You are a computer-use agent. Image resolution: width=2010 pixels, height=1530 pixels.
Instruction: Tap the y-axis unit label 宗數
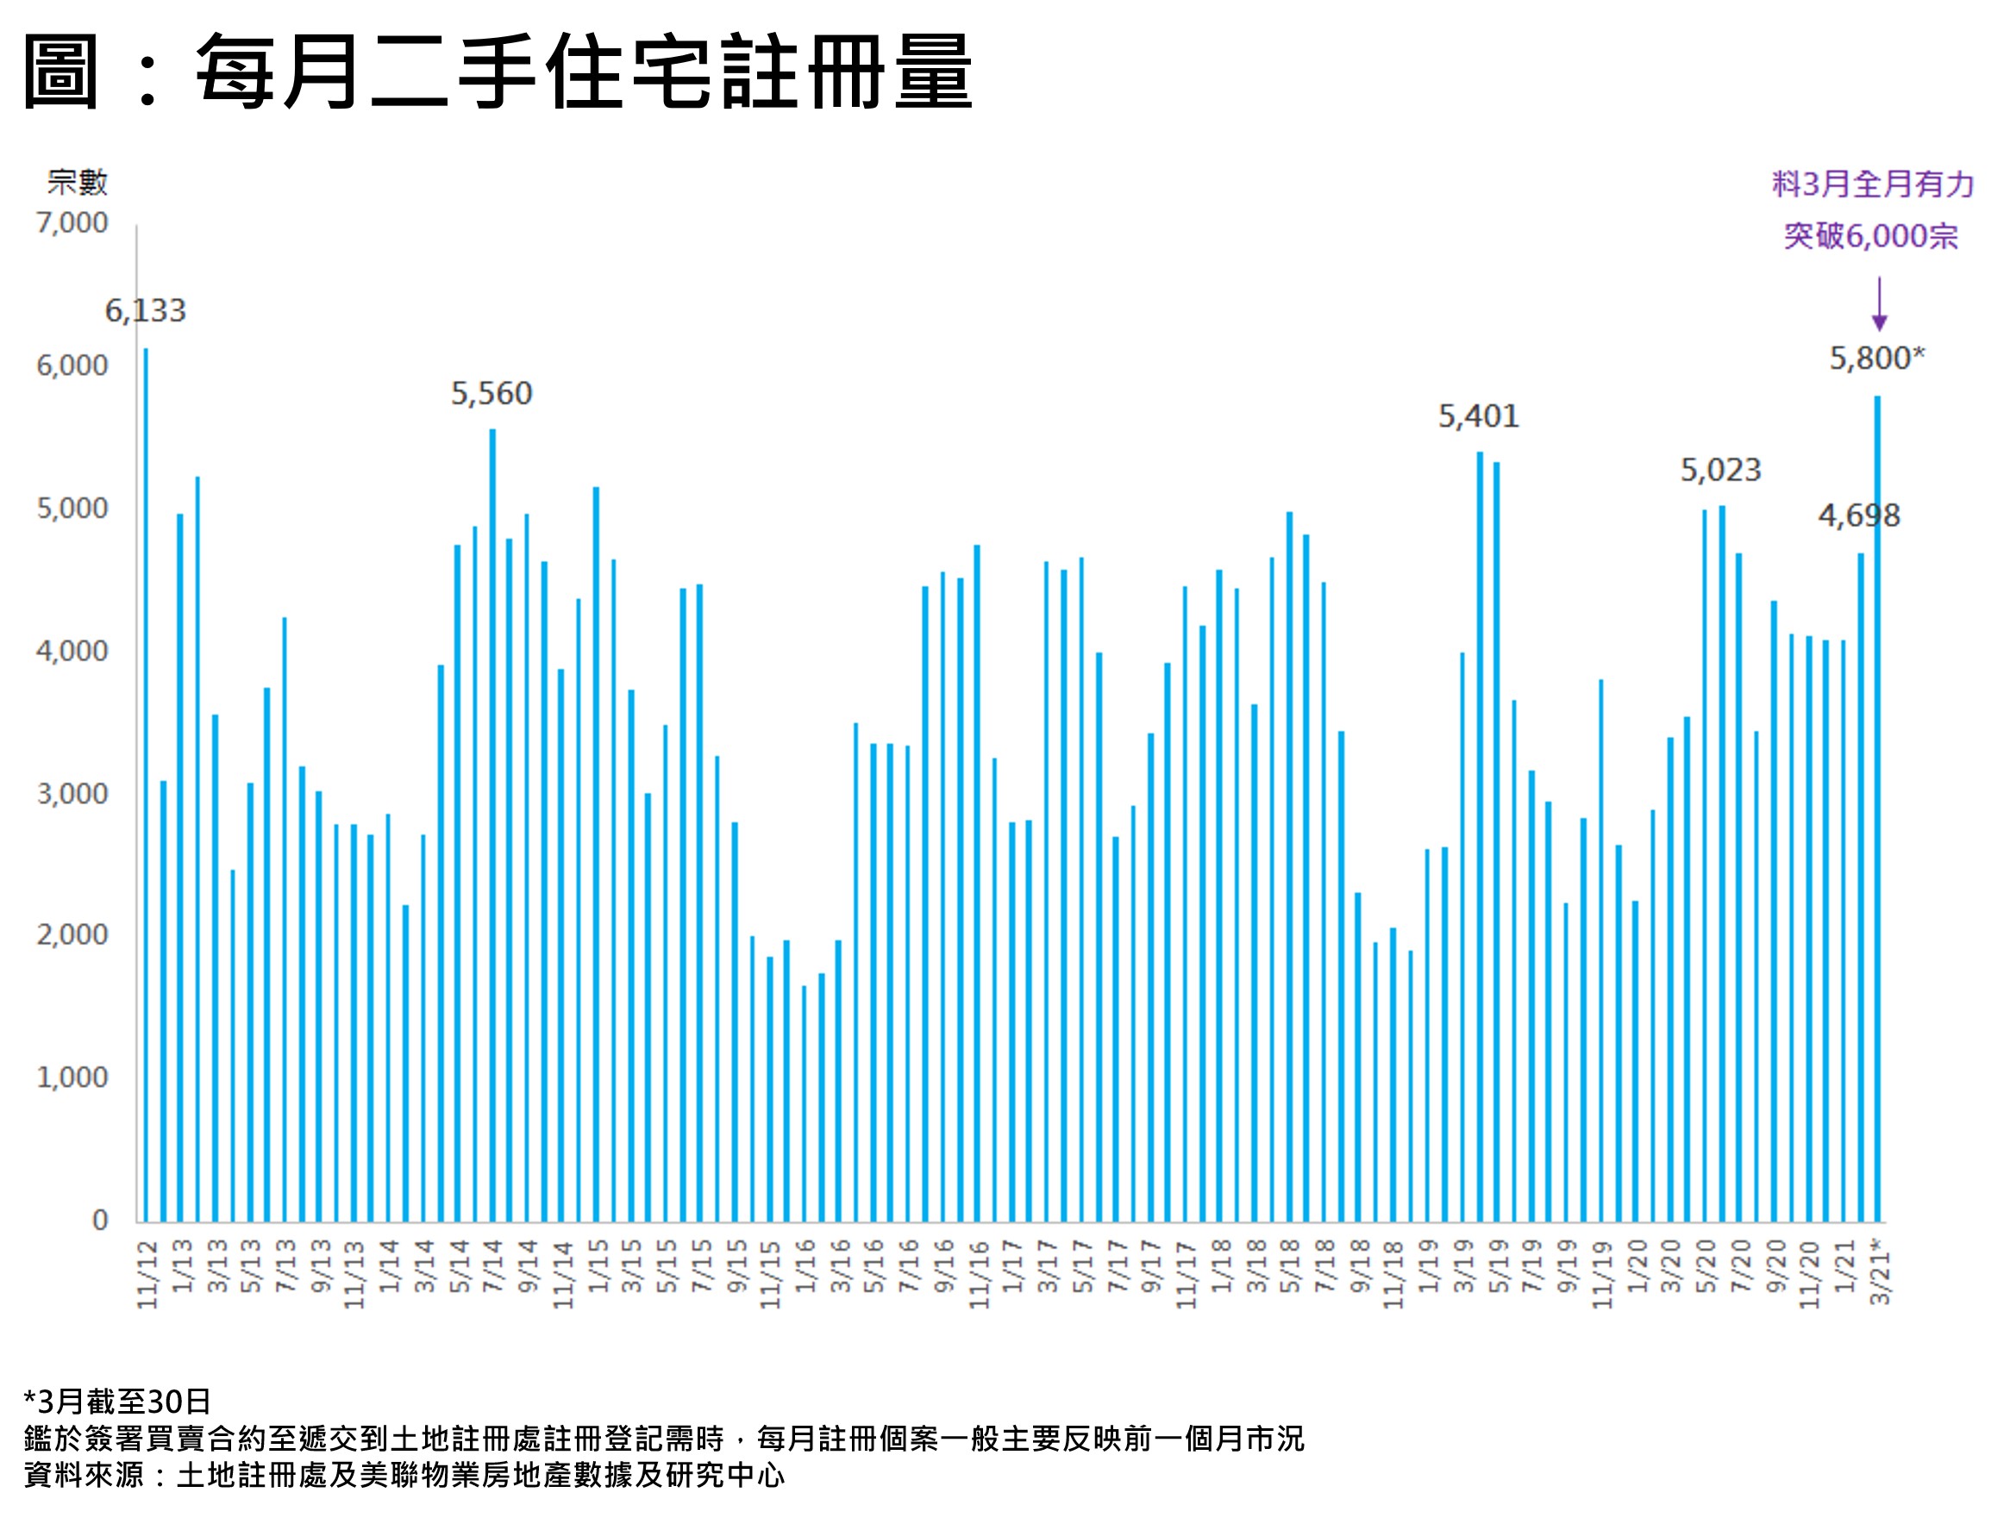pos(78,182)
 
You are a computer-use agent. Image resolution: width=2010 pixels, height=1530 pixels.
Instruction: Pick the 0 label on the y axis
pos(100,1221)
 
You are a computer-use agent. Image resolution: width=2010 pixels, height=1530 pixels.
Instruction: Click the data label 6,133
pos(145,311)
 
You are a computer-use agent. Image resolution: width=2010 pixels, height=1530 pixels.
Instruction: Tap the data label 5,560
pos(492,393)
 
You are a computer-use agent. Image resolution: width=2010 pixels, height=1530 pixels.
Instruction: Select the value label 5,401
pos(1478,416)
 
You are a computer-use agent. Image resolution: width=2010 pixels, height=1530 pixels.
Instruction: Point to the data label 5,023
pos(1720,470)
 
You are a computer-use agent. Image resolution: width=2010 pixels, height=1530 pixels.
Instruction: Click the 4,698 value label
pos(1859,515)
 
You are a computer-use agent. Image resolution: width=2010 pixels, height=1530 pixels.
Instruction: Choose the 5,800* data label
pos(1877,358)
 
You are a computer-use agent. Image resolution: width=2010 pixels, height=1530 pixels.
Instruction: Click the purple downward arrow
pos(1879,304)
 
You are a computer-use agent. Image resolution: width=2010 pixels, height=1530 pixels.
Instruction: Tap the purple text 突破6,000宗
pos(1870,236)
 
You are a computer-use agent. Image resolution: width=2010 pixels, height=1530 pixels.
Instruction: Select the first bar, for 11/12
pos(146,784)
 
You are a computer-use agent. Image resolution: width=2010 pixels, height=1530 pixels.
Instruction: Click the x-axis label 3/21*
pos(1879,1271)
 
